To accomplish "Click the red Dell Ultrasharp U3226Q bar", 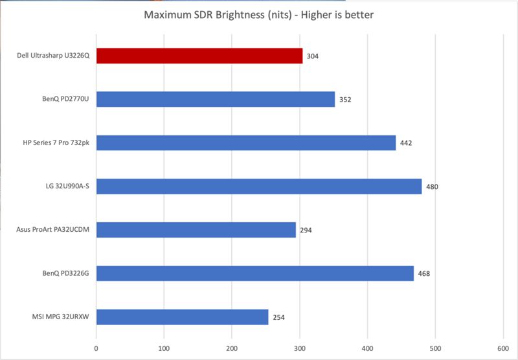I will coord(199,56).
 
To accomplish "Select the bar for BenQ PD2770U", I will coord(216,99).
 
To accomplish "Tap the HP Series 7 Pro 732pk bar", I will coord(246,142).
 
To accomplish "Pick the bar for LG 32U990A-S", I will coord(259,186).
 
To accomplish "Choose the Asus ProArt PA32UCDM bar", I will coord(196,230).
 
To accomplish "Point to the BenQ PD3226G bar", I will coord(255,273).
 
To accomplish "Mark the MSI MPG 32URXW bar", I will coord(183,317).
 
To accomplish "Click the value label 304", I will coord(313,56).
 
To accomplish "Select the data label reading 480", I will coord(433,187).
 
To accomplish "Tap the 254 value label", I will coord(278,317).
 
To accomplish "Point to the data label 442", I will coord(407,143).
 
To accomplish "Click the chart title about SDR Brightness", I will coord(259,13).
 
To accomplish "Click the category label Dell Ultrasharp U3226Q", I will coord(52,56).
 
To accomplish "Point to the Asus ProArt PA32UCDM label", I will coord(53,230).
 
